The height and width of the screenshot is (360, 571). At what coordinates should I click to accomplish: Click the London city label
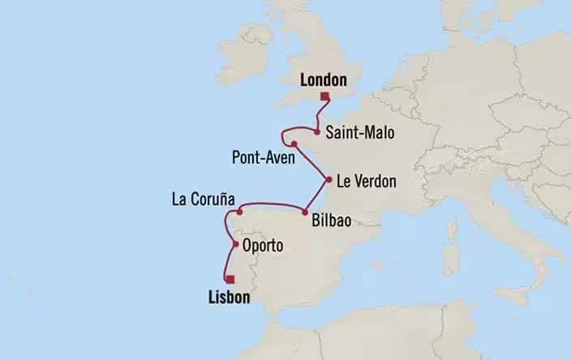pyautogui.click(x=323, y=79)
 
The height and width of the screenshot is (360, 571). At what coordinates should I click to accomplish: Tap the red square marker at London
pyautogui.click(x=324, y=97)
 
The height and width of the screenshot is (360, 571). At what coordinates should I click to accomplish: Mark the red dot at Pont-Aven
pyautogui.click(x=294, y=145)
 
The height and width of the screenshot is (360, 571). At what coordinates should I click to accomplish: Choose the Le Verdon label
pyautogui.click(x=367, y=182)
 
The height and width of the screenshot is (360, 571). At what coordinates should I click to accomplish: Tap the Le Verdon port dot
pyautogui.click(x=328, y=179)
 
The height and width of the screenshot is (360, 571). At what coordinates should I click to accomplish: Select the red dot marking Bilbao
pyautogui.click(x=304, y=212)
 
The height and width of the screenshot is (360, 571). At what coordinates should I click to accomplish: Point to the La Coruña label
pyautogui.click(x=203, y=198)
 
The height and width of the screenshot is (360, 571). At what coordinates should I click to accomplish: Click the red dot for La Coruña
pyautogui.click(x=240, y=212)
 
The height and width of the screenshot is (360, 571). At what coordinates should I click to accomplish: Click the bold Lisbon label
pyautogui.click(x=223, y=298)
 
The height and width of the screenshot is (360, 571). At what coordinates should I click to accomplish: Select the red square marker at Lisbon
pyautogui.click(x=231, y=279)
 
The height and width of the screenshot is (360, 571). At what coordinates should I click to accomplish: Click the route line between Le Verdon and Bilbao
pyautogui.click(x=316, y=196)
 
